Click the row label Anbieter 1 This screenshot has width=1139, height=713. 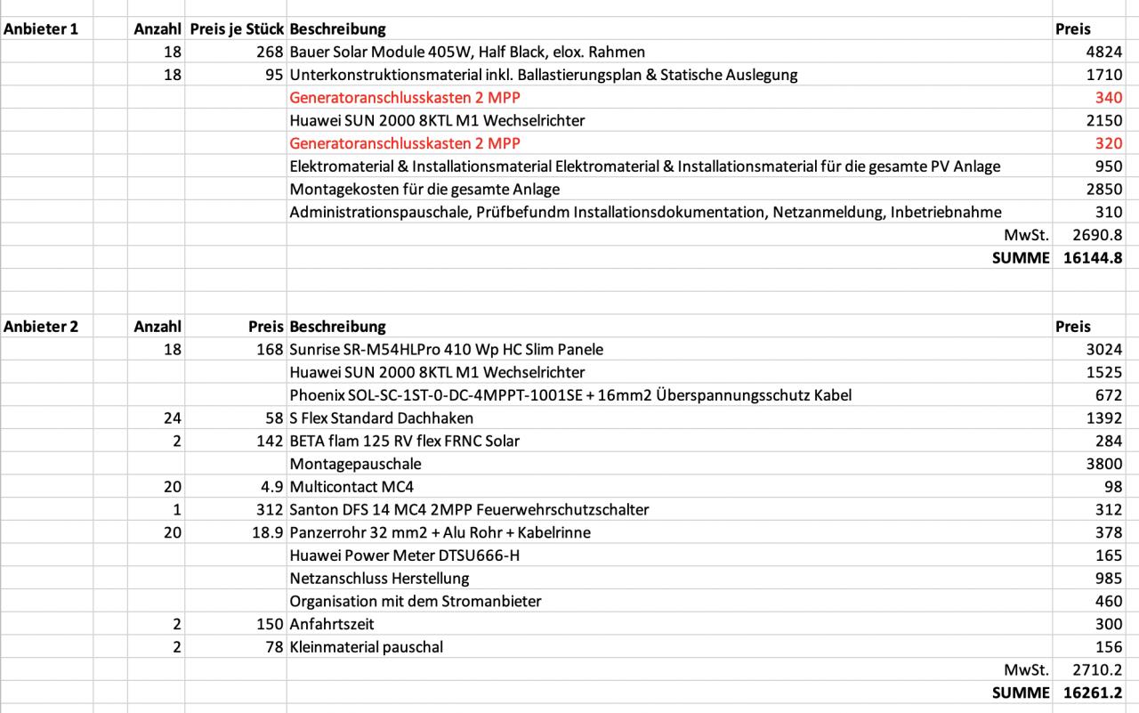41,29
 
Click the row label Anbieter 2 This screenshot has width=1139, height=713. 41,327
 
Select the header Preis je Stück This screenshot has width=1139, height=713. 237,29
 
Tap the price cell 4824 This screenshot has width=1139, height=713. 1104,53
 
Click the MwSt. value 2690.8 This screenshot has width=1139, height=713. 1097,235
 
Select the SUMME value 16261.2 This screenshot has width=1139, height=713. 1093,693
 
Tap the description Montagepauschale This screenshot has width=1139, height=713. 355,464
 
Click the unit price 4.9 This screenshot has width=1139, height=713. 271,487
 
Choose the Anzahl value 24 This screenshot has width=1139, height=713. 172,417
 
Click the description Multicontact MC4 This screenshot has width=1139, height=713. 351,487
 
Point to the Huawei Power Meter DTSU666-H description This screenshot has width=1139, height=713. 405,555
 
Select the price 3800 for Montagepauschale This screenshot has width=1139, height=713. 1104,464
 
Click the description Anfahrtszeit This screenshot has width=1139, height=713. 332,624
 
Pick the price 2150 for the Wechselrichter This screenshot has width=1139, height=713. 1104,120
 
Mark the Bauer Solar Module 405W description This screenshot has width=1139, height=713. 467,53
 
